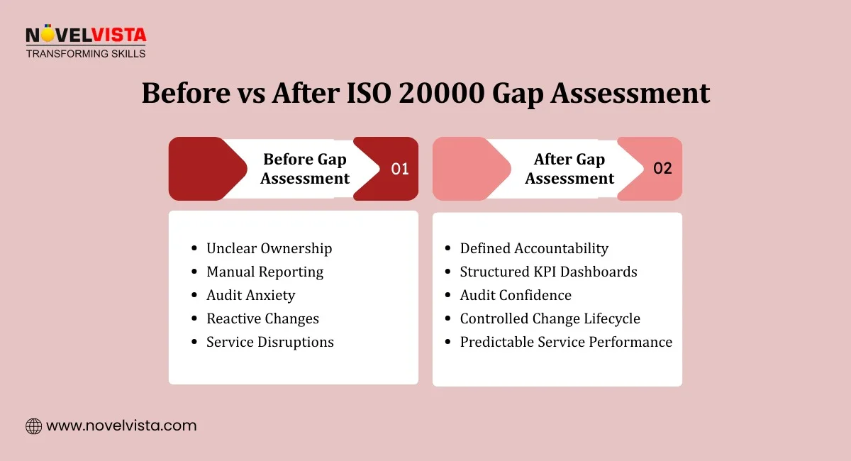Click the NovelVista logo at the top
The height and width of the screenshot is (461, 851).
click(86, 35)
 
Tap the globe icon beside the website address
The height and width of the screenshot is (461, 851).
click(33, 426)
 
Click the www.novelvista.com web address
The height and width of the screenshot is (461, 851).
click(121, 426)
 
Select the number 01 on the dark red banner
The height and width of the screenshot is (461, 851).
click(401, 169)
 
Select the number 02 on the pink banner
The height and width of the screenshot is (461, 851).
click(662, 169)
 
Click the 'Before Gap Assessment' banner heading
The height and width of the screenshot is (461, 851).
click(305, 169)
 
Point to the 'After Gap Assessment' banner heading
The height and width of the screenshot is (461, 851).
click(569, 169)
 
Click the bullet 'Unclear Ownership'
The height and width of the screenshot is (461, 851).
click(269, 248)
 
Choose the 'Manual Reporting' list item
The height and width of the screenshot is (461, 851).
click(265, 272)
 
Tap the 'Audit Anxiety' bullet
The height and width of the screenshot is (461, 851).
click(250, 295)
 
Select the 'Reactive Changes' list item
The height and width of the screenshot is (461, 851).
click(262, 318)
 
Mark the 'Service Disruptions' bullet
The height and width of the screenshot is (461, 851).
click(269, 342)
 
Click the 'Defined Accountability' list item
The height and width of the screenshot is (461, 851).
click(534, 248)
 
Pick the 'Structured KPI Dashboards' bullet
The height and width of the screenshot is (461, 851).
click(548, 272)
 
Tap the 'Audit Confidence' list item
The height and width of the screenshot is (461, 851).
click(516, 295)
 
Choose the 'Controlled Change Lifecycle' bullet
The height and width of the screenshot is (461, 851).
click(550, 318)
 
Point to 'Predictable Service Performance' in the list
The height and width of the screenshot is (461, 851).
click(566, 342)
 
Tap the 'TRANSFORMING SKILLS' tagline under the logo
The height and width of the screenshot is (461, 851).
click(86, 53)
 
